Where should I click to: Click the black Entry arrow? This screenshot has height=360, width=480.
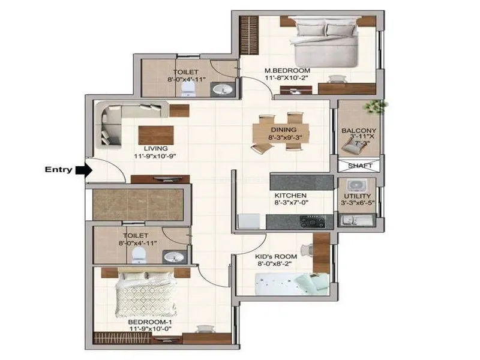pyautogui.click(x=84, y=170)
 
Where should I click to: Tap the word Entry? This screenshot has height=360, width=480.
pyautogui.click(x=58, y=170)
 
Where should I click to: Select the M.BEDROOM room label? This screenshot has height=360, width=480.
pyautogui.click(x=287, y=71)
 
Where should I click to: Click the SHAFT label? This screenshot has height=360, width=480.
pyautogui.click(x=360, y=166)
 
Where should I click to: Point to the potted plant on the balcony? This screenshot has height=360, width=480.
pyautogui.click(x=376, y=106)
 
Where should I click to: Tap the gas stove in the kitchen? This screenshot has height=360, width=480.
pyautogui.click(x=312, y=221)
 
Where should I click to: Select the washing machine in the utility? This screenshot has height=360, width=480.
pyautogui.click(x=357, y=185)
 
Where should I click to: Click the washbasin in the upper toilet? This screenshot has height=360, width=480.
pyautogui.click(x=223, y=89)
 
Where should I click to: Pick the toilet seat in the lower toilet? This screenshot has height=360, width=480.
pyautogui.click(x=139, y=255)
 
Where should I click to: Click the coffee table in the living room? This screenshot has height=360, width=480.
pyautogui.click(x=156, y=136)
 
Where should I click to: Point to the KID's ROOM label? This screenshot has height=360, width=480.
pyautogui.click(x=276, y=257)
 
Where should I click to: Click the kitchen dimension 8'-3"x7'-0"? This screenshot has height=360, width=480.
pyautogui.click(x=291, y=202)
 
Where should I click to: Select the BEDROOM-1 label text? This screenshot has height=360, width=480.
pyautogui.click(x=150, y=322)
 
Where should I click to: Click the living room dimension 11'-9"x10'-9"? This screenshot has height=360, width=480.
pyautogui.click(x=156, y=156)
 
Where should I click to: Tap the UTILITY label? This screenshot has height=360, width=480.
pyautogui.click(x=358, y=196)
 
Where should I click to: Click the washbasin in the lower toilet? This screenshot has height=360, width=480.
pyautogui.click(x=174, y=257)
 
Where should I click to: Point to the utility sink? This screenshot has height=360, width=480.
pyautogui.click(x=357, y=220)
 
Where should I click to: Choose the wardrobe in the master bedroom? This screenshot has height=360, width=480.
pyautogui.click(x=249, y=35)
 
